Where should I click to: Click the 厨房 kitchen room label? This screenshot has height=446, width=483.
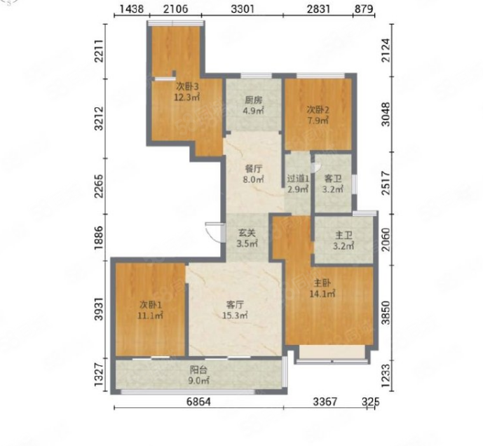pos(253,100)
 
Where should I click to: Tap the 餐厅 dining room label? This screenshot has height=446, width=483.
pos(253,169)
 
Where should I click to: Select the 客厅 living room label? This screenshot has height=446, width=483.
pos(235,305)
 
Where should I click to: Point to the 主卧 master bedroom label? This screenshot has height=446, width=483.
pos(322,283)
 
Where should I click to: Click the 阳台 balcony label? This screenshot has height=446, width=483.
pos(198,370)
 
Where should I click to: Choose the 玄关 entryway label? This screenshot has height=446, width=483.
pos(247,233)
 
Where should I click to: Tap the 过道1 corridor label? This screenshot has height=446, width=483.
pos(298,178)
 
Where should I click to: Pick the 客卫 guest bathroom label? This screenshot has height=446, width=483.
pos(333,178)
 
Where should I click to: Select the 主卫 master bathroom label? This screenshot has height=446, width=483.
pos(343,236)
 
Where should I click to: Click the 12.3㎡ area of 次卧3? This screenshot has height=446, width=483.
pos(187,97)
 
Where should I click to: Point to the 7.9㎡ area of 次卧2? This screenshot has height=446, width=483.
pos(318,120)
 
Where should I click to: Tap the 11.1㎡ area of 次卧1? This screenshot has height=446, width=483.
pos(150,316)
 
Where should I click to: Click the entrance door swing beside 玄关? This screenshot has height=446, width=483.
pos(215,232)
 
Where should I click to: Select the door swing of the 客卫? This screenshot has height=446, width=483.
pos(315,168)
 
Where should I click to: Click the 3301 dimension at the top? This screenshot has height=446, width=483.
pos(243,8)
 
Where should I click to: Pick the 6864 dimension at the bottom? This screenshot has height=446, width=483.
pos(198,402)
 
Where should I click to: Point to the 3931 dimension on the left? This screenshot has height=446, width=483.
pos(99,309)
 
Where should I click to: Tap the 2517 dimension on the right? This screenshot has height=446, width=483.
pos(386,183)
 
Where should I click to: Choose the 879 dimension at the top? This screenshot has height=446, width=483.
pos(364,8)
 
